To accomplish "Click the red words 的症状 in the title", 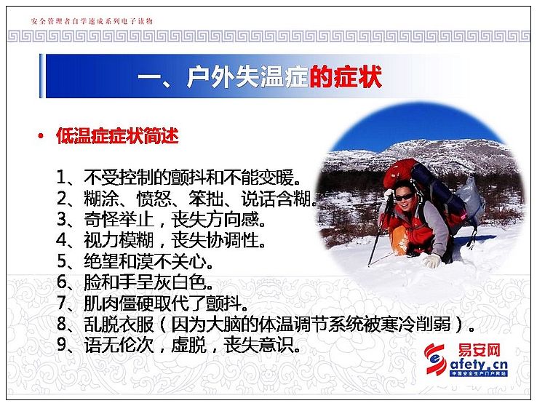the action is pos(346,76).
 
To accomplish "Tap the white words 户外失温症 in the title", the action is pos(247,76).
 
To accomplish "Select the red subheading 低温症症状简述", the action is pos(117,135).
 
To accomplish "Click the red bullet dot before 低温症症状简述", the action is pos(41,136).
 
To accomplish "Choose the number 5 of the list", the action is pos(62,261).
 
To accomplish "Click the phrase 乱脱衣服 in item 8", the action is pos(119,325).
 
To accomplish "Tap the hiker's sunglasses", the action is pos(404,197).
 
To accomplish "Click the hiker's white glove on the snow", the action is pos(432,261).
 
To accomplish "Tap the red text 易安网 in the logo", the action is pos(480,350).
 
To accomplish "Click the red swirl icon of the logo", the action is pos(435,359).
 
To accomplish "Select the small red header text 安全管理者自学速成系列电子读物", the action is pos(92,21).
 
